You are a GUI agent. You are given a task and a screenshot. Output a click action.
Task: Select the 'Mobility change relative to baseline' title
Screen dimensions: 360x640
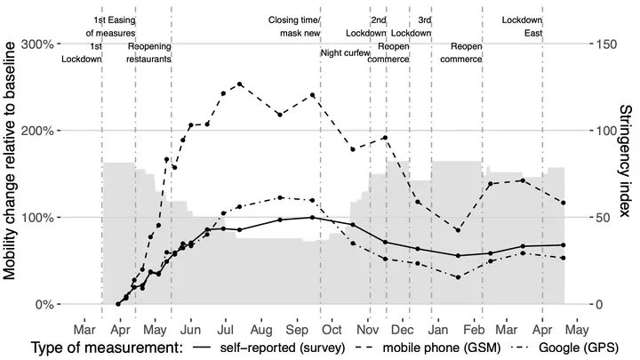click(x=12, y=173)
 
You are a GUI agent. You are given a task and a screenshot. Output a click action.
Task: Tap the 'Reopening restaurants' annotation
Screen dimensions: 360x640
click(x=149, y=52)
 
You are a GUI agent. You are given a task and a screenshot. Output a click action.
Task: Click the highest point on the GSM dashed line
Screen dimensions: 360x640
click(x=240, y=84)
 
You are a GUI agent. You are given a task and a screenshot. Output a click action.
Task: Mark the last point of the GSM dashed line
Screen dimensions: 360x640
click(x=564, y=203)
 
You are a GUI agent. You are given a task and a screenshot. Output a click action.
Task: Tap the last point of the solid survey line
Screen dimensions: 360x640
click(x=564, y=244)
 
